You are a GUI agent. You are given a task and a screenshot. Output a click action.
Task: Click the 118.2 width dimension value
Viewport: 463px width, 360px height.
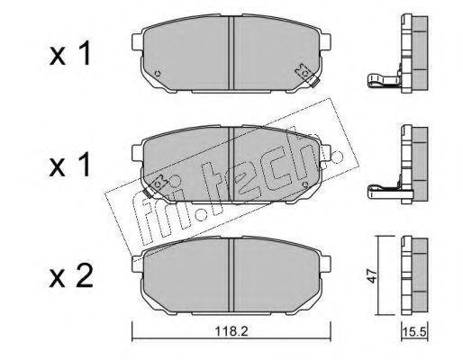pos(231,331)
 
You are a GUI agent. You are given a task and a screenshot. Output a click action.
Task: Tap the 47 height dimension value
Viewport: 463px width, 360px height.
pos(372,275)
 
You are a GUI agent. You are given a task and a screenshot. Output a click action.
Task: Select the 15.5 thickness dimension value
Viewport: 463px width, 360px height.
pos(414,332)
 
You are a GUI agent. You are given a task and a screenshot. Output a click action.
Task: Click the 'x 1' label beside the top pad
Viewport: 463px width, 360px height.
pos(70,53)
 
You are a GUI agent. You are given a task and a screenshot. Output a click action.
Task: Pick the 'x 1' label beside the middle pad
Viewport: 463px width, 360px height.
pos(70,164)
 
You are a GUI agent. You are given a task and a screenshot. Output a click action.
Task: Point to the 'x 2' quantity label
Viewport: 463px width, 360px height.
pos(71,275)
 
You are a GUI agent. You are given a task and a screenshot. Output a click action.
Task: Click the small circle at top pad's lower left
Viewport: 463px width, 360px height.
pos(158,73)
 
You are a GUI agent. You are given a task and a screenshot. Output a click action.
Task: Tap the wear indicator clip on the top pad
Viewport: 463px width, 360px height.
pos(307,76)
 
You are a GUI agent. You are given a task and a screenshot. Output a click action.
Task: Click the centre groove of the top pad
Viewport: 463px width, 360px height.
pos(231,53)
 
